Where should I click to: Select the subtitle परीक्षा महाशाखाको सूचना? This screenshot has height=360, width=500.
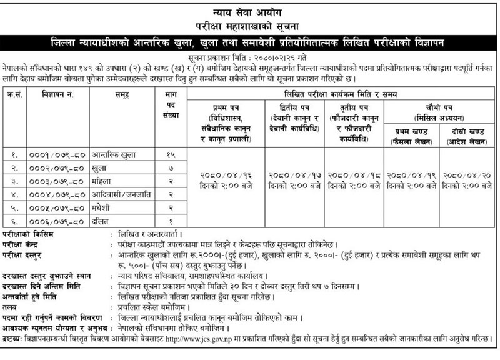pyautogui.click(x=250, y=25)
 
